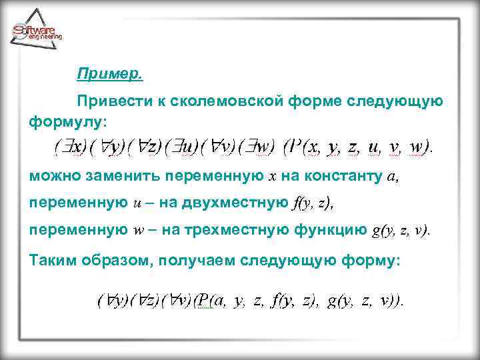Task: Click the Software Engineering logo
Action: click(37, 29)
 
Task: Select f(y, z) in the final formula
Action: click(295, 301)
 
